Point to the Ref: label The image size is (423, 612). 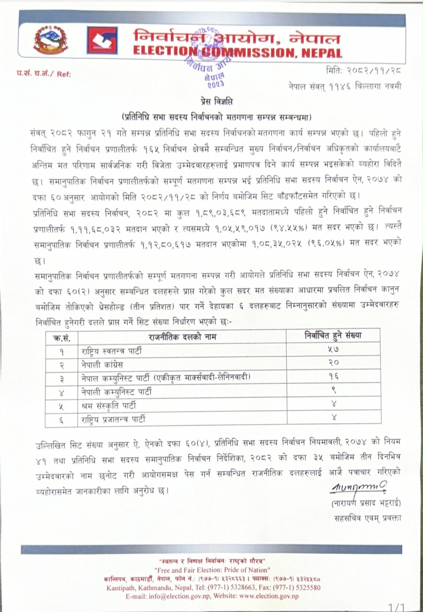tap(64, 74)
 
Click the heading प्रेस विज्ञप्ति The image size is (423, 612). tap(214, 102)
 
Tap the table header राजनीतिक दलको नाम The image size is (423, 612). tap(182, 336)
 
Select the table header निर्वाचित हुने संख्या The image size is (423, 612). tap(333, 335)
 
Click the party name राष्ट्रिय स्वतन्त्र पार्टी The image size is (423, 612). tap(111, 350)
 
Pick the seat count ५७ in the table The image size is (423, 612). tap(333, 349)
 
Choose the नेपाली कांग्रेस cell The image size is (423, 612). tap(102, 365)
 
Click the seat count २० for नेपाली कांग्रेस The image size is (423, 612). tap(333, 363)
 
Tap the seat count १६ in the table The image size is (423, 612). tap(333, 377)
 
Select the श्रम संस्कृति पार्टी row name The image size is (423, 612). tap(108, 406)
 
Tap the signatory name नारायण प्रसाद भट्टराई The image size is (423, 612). tap(366, 503)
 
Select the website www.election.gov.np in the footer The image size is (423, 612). tap(269, 596)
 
